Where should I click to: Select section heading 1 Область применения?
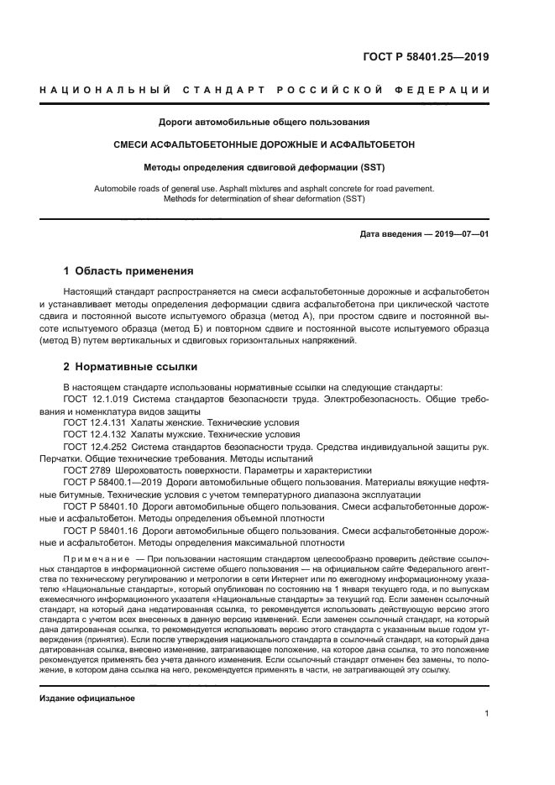(x=128, y=271)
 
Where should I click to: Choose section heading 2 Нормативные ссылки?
(x=128, y=367)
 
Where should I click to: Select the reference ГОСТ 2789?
(x=85, y=472)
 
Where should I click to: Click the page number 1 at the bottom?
(x=486, y=714)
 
